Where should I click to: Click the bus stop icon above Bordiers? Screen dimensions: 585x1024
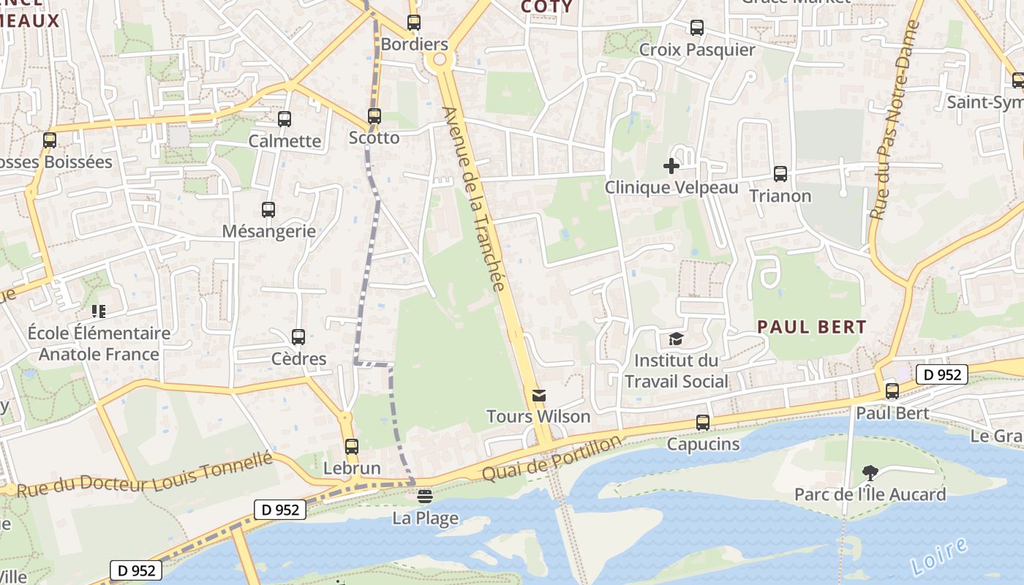coord(414,23)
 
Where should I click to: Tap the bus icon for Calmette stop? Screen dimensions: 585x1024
coord(285,118)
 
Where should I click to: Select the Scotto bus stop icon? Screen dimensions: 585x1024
coord(374,116)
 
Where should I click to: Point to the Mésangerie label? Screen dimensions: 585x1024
coord(269,232)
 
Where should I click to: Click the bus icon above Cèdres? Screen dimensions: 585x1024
coord(298,337)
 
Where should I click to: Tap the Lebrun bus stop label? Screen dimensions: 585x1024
coord(352,469)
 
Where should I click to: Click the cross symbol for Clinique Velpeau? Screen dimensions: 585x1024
coord(671,166)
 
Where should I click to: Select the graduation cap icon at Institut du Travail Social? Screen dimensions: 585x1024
coord(676,339)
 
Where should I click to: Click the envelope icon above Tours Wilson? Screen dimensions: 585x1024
coord(539,396)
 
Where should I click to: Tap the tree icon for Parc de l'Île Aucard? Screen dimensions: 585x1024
coord(870,473)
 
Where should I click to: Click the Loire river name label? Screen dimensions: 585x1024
coord(940,556)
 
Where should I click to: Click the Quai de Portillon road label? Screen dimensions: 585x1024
coord(552,458)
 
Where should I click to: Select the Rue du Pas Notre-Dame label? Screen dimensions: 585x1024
coord(894,121)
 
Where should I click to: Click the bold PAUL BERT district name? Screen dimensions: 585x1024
coord(812,327)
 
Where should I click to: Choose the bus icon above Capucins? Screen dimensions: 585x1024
coord(703,423)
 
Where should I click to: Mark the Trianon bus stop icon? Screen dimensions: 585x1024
coord(780,174)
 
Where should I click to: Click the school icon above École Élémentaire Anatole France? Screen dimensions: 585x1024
coord(99,312)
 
